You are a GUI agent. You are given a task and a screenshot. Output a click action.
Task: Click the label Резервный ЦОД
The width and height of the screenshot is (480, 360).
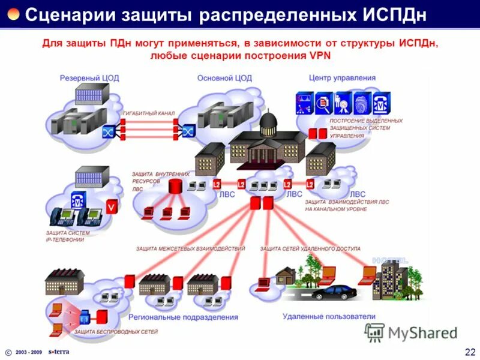tap(84, 78)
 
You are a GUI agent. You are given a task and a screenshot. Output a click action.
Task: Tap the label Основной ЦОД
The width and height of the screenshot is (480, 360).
tap(224, 78)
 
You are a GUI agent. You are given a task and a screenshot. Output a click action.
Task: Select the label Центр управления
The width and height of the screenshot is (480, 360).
tap(342, 78)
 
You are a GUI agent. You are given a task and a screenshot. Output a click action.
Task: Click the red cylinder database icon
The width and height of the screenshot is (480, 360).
tap(175, 187)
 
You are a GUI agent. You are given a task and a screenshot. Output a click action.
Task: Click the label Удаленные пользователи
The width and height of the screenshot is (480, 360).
tap(328, 316)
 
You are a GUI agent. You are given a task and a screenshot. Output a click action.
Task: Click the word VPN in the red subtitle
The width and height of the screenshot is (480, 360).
tap(319, 56)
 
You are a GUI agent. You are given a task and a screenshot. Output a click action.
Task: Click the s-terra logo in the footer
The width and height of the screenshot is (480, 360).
tap(59, 352)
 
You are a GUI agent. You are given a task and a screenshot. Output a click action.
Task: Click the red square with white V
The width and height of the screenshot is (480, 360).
tap(112, 207)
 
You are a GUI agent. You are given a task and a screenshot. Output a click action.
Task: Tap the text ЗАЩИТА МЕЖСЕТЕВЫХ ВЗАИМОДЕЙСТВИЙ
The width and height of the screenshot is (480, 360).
tap(190, 248)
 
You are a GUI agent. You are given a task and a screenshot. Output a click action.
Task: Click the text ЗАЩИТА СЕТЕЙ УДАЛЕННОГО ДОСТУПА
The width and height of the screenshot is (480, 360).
tap(310, 248)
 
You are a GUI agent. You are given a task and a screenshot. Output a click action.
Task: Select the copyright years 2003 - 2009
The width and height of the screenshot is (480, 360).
tap(29, 352)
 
